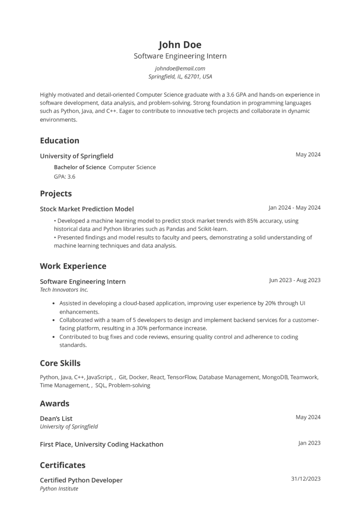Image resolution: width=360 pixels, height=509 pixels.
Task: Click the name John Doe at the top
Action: click(x=180, y=45)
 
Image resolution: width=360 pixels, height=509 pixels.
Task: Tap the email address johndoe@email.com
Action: click(x=180, y=68)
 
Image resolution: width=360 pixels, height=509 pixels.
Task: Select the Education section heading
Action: click(x=59, y=140)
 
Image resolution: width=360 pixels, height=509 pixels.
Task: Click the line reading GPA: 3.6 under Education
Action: click(x=64, y=177)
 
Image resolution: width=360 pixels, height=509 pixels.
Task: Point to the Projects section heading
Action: click(x=56, y=194)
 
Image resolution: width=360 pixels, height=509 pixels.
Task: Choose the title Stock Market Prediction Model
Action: click(x=87, y=209)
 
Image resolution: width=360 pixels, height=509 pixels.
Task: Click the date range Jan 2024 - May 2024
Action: click(x=294, y=208)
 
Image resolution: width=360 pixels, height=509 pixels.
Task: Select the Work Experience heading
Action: click(x=73, y=266)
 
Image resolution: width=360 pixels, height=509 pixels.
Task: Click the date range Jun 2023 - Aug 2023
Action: click(x=295, y=280)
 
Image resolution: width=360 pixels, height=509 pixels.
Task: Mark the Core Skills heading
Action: click(x=60, y=363)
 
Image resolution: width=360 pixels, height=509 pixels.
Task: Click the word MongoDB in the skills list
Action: click(x=275, y=377)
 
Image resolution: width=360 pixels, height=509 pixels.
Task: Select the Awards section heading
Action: click(x=54, y=403)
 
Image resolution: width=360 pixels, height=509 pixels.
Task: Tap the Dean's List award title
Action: click(x=56, y=418)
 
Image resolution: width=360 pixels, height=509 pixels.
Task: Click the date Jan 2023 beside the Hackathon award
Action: click(x=309, y=443)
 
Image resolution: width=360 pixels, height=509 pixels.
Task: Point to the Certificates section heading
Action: click(x=63, y=465)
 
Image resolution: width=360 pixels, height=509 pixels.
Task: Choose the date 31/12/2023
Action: click(x=306, y=479)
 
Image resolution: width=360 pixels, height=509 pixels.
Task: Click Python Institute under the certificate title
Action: click(x=59, y=489)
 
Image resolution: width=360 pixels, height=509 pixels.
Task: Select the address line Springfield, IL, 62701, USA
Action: click(x=180, y=77)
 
